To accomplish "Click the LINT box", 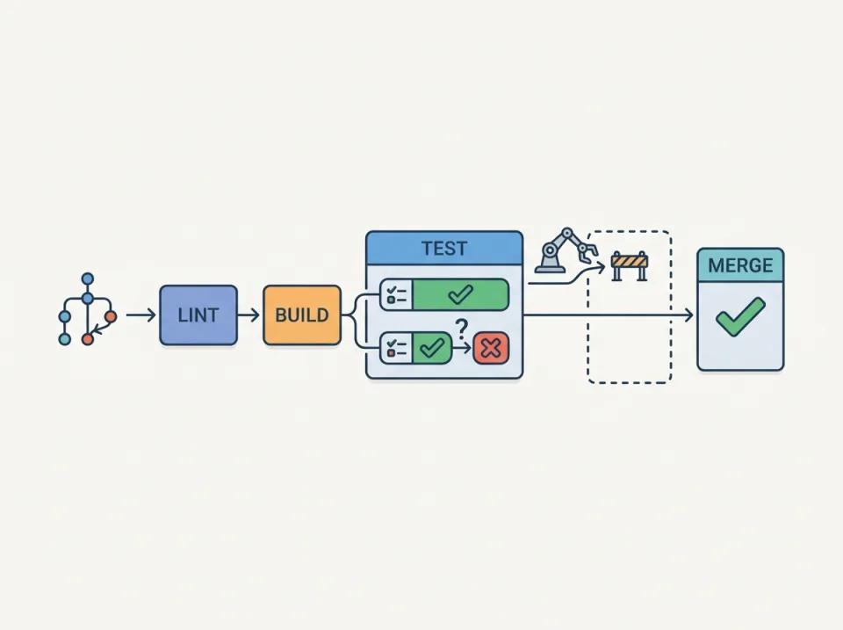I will pyautogui.click(x=198, y=315).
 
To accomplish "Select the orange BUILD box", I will pyautogui.click(x=301, y=315).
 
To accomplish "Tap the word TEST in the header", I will pyautogui.click(x=443, y=248).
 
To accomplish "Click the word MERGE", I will pyautogui.click(x=739, y=265).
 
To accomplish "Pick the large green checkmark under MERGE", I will pyautogui.click(x=739, y=316).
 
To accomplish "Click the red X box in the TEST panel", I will pyautogui.click(x=491, y=349).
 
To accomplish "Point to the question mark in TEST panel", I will pyautogui.click(x=461, y=330).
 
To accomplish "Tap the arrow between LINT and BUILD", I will pyautogui.click(x=249, y=315).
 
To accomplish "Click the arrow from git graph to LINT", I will pyautogui.click(x=140, y=315).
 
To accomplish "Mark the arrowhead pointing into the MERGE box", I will pyautogui.click(x=687, y=315).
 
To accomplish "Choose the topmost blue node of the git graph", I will pyautogui.click(x=87, y=279).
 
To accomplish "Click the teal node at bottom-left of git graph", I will pyautogui.click(x=64, y=338).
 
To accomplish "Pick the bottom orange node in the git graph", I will pyautogui.click(x=87, y=338).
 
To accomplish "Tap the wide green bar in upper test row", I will pyautogui.click(x=459, y=294).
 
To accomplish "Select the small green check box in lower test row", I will pyautogui.click(x=430, y=349).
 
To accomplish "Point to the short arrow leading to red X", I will pyautogui.click(x=461, y=349).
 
